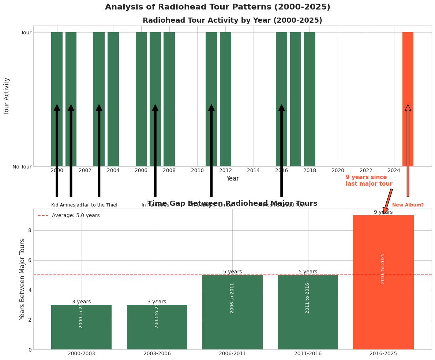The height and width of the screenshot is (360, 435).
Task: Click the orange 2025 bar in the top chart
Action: [408, 73]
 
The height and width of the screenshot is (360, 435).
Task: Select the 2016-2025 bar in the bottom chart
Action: [383, 311]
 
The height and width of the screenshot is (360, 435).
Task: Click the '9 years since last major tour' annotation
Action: [369, 181]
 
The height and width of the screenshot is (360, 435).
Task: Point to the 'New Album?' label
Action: [408, 205]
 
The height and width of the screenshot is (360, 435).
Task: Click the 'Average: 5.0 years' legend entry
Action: [75, 216]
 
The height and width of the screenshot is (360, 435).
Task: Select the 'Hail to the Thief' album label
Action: [99, 205]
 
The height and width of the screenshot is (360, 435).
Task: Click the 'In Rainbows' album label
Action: [155, 205]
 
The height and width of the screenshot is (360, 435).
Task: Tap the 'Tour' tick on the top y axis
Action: [26, 33]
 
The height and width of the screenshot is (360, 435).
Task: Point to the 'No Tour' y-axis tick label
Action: [22, 167]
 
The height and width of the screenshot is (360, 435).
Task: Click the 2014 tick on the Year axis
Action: [253, 171]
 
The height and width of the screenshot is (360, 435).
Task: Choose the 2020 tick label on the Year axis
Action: [338, 171]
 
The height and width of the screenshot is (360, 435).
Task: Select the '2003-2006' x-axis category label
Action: [157, 354]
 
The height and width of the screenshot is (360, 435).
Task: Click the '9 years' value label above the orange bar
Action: [383, 212]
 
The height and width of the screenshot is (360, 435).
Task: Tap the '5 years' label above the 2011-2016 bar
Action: [308, 272]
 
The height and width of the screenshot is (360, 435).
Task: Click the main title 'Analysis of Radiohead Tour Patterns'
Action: [217, 7]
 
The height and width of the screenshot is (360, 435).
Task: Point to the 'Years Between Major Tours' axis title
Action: [23, 279]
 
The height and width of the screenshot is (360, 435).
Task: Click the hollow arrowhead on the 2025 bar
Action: [408, 107]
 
